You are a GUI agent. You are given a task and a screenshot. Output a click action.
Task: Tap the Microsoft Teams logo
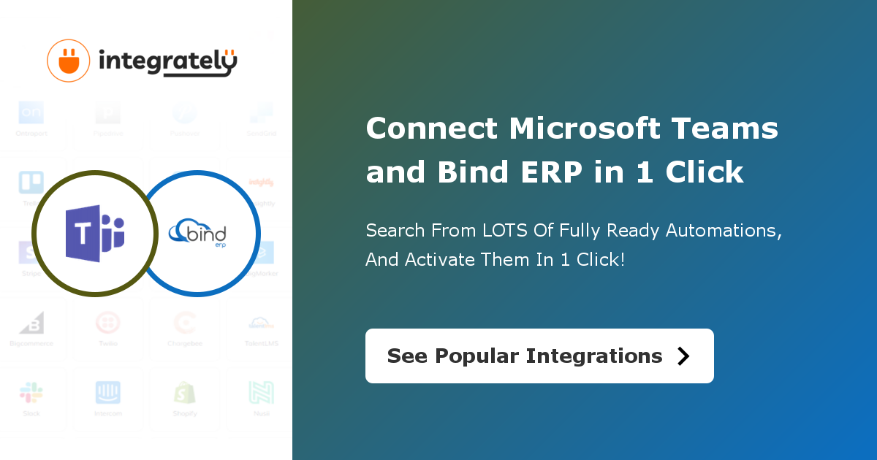pos(95,233)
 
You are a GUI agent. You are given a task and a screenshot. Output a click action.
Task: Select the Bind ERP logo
pos(198,234)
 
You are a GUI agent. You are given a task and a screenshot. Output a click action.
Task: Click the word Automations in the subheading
pos(721,231)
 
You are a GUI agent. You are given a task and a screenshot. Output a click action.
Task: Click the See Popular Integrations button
pos(539,356)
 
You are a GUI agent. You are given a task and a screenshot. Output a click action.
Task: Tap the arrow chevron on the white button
pos(683,356)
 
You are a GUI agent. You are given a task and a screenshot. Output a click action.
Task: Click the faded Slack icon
pos(31,393)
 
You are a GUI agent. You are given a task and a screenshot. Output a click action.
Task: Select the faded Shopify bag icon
pos(185,393)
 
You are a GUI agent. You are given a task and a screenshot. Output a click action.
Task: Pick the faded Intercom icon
pos(108,393)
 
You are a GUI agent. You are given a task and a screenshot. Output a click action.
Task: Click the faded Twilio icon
pos(108,323)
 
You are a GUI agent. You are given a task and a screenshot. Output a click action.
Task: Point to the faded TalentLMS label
pos(261,343)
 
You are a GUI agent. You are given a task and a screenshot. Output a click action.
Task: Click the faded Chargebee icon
pos(185,323)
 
